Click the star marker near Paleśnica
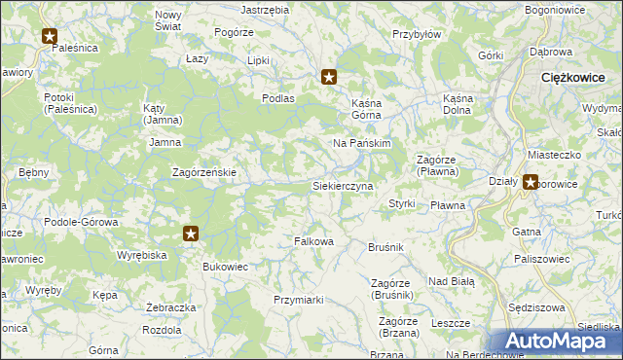tap(51, 37)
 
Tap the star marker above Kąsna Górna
tap(330, 76)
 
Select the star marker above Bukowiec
tap(191, 234)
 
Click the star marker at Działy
tap(531, 180)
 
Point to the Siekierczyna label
tap(342, 185)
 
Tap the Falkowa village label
tap(314, 240)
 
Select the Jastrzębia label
tap(265, 9)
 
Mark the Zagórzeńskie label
tap(204, 172)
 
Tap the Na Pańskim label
tap(361, 143)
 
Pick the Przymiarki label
tap(298, 300)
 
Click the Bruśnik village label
tap(386, 248)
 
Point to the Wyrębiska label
tap(143, 255)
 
